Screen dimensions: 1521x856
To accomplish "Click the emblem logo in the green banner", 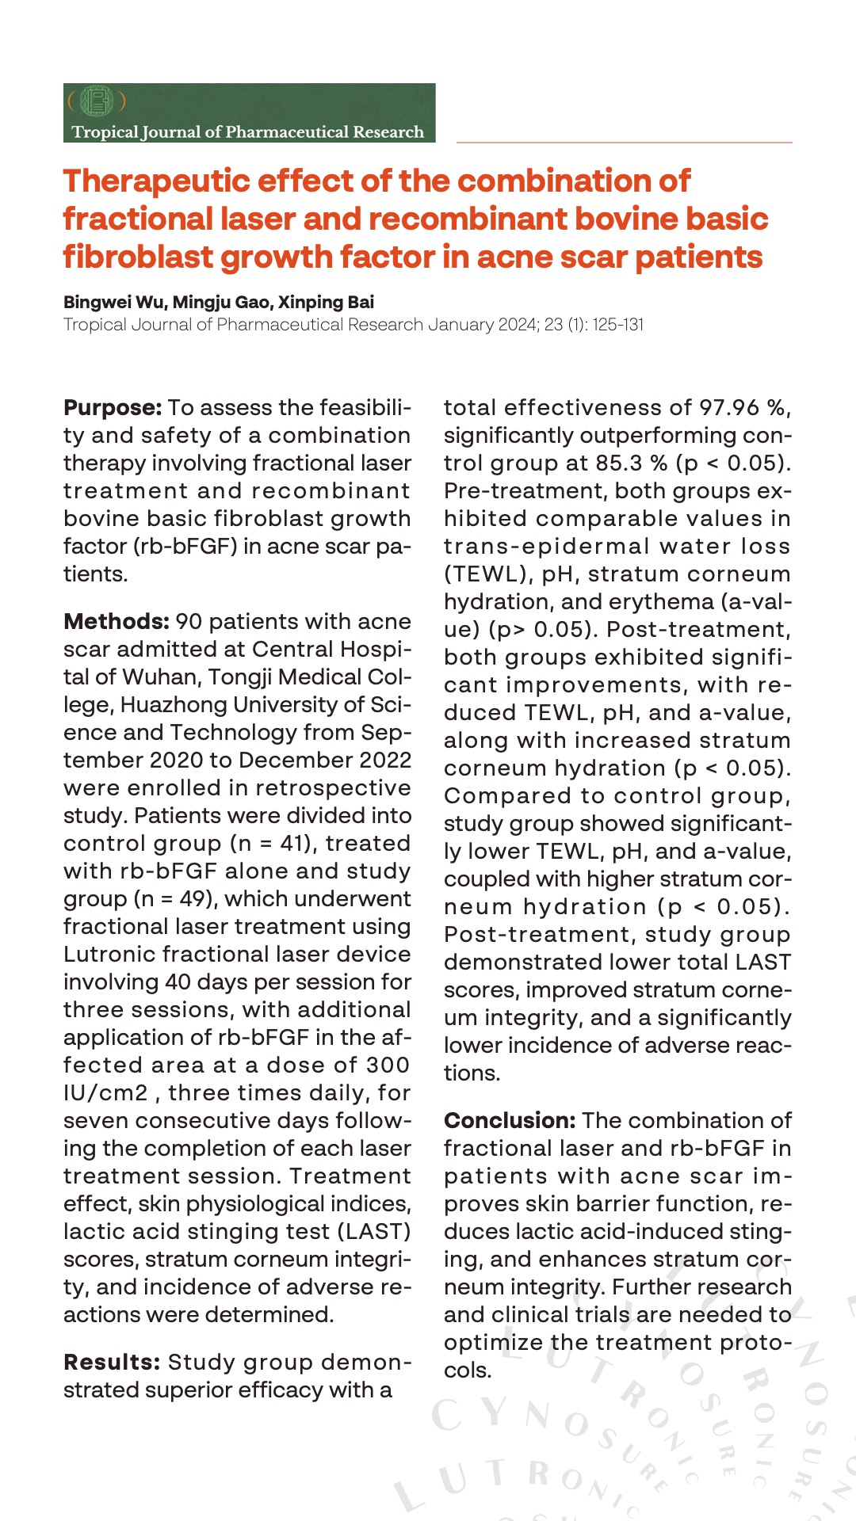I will pos(97,101).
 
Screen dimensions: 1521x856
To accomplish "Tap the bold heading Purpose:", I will pos(113,408).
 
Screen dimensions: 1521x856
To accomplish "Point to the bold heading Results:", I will pos(113,1363).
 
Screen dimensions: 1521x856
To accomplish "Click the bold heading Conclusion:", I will pos(509,1121).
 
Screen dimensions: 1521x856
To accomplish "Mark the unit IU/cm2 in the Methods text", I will pos(106,1093).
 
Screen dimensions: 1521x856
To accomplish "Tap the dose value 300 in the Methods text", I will pos(388,1065).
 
